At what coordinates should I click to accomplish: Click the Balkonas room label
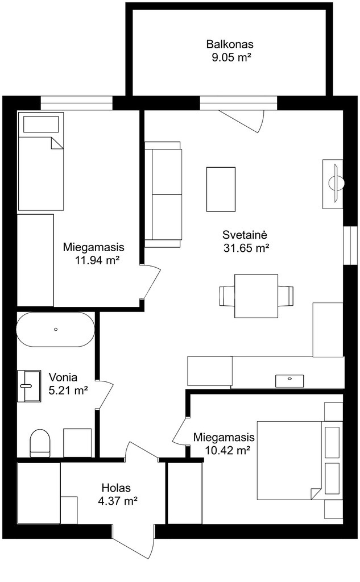pyautogui.click(x=230, y=44)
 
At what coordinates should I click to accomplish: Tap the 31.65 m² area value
pyautogui.click(x=246, y=248)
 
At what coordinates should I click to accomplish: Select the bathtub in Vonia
pyautogui.click(x=56, y=329)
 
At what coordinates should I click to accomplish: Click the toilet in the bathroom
pyautogui.click(x=40, y=443)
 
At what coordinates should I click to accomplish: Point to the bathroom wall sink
pyautogui.click(x=28, y=386)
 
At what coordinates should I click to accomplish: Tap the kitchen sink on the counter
pyautogui.click(x=289, y=380)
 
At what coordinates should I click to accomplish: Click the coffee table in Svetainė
pyautogui.click(x=221, y=189)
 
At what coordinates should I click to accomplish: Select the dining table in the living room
pyautogui.click(x=256, y=296)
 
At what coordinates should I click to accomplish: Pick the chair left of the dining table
pyautogui.click(x=227, y=296)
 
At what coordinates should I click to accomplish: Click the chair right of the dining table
pyautogui.click(x=285, y=296)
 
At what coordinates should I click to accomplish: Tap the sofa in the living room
pyautogui.click(x=163, y=194)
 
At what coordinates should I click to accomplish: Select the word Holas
pyautogui.click(x=116, y=488)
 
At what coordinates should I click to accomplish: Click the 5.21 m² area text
pyautogui.click(x=68, y=390)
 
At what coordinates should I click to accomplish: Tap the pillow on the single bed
pyautogui.click(x=42, y=124)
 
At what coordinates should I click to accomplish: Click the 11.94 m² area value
pyautogui.click(x=97, y=260)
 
